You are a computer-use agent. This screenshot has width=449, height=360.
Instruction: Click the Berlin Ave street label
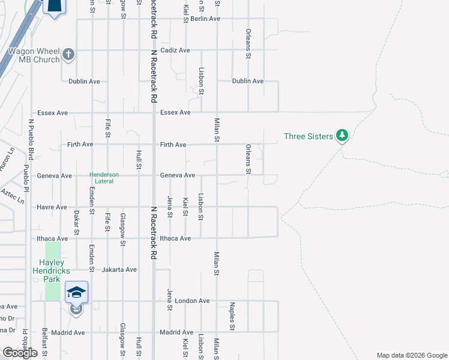pyautogui.click(x=205, y=19)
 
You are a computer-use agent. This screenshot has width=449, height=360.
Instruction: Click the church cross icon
pyautogui.click(x=68, y=55)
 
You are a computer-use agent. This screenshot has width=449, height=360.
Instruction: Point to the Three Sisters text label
pyautogui.click(x=309, y=136)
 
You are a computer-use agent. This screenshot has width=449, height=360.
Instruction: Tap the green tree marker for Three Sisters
pyautogui.click(x=342, y=136)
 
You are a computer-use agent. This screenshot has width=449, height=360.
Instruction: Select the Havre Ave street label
pyautogui.click(x=52, y=207)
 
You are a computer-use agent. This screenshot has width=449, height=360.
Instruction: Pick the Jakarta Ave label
pyautogui.click(x=119, y=269)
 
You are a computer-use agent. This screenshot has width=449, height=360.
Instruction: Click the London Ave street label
pyautogui.click(x=196, y=301)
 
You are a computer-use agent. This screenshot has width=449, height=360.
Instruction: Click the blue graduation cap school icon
pyautogui.click(x=77, y=292)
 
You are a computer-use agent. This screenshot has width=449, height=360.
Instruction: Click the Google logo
pyautogui.click(x=20, y=353)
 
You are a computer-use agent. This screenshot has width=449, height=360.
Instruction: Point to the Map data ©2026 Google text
pyautogui.click(x=411, y=355)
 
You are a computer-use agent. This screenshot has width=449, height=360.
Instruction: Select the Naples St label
pyautogui.click(x=232, y=316)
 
